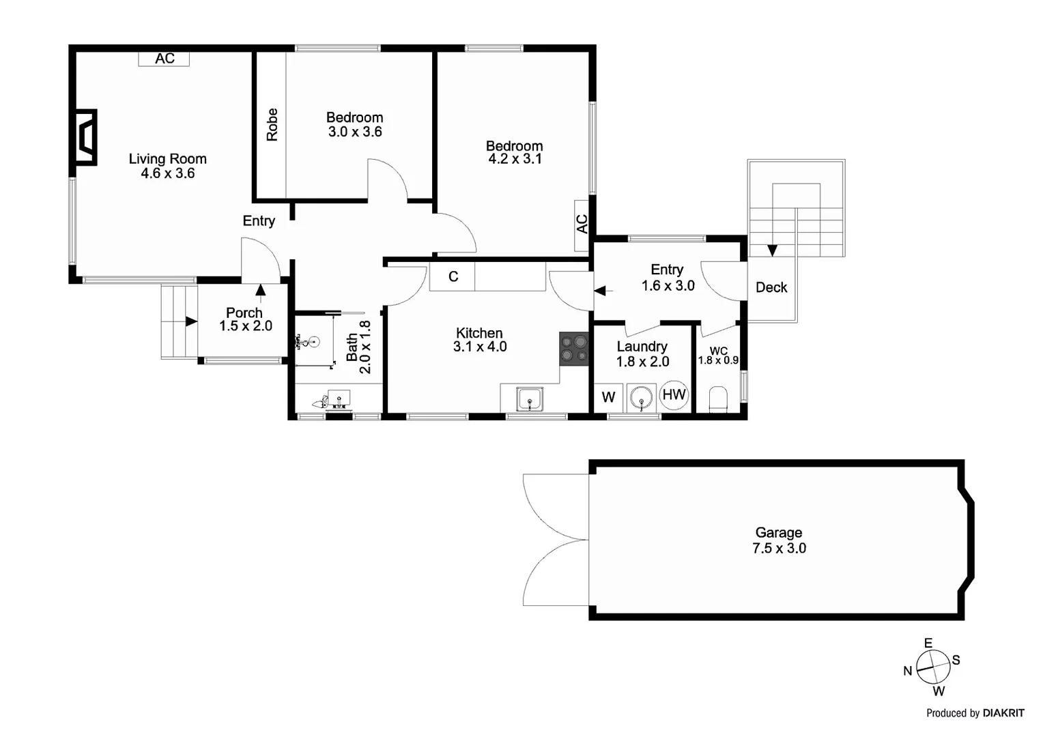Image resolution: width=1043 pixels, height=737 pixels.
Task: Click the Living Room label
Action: point(167,159)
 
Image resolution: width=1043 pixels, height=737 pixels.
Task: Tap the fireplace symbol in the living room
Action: point(85,137)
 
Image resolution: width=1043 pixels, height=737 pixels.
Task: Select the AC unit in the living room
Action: point(164,59)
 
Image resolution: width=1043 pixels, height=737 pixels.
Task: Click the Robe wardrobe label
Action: point(272,124)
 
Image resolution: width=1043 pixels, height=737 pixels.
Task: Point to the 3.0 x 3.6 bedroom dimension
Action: point(355,132)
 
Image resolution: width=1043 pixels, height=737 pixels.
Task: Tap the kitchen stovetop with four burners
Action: point(573,348)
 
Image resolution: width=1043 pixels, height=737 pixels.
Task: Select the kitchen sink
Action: point(530,399)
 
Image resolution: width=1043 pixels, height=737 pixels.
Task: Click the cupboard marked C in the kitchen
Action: point(453,276)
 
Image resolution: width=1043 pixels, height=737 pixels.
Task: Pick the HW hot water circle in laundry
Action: point(674,394)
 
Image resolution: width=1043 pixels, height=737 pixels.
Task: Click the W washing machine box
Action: point(608,397)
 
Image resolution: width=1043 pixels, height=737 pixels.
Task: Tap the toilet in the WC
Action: point(719,399)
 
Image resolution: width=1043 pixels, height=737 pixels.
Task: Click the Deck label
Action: point(771,287)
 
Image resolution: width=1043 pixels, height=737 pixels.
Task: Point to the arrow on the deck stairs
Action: point(772,250)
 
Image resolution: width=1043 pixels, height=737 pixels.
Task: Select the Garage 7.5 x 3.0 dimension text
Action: point(779,549)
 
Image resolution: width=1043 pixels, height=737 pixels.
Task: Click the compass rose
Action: point(932,667)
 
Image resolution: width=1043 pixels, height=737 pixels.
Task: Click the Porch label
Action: point(244,313)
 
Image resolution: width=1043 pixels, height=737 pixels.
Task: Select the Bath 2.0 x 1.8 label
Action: point(358,347)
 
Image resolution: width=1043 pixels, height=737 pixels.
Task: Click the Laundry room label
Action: point(642,347)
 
